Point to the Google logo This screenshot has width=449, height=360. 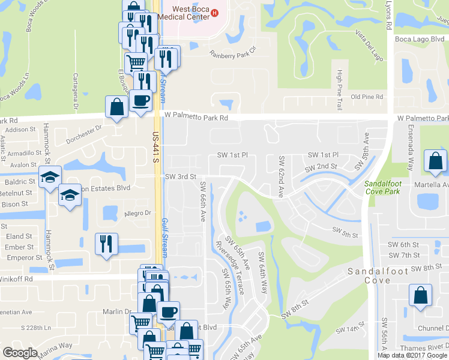[x=20, y=353]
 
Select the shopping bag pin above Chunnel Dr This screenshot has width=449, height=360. [x=420, y=296]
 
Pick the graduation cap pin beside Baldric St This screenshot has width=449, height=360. [x=50, y=176]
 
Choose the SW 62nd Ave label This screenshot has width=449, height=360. [x=281, y=178]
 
